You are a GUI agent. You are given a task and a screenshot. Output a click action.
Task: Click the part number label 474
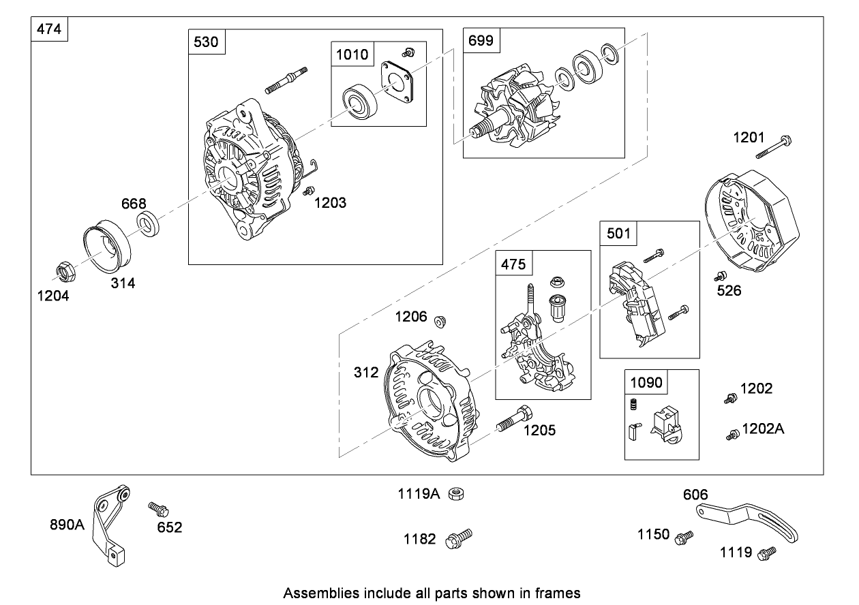[x=50, y=31]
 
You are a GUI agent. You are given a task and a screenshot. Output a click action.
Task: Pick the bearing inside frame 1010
[x=355, y=102]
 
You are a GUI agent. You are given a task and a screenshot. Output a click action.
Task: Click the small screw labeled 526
[x=719, y=277]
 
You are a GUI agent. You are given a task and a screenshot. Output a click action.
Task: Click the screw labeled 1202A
[x=733, y=434]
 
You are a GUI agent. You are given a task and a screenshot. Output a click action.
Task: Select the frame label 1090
[x=646, y=383]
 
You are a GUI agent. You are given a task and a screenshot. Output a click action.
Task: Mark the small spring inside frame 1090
[x=632, y=405]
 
